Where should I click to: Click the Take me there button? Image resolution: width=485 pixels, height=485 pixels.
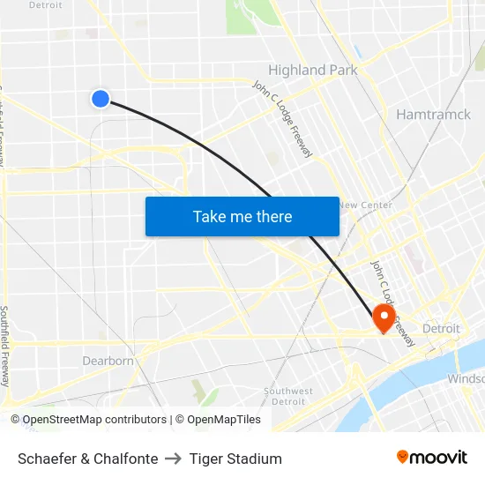[x=242, y=216]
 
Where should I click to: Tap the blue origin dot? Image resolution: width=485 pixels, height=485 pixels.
[x=101, y=99]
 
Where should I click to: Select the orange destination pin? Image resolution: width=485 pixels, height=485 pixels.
[x=384, y=317]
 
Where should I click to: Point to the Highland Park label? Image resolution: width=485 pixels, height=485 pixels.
[x=312, y=70]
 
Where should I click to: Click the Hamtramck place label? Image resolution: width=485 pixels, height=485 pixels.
[x=433, y=114]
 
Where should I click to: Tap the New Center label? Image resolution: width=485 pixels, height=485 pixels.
[x=364, y=205]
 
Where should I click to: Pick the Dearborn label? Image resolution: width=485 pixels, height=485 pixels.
[x=108, y=361]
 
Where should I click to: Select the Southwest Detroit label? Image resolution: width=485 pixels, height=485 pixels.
[x=288, y=396]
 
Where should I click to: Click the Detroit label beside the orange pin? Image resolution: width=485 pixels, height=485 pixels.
[x=441, y=328]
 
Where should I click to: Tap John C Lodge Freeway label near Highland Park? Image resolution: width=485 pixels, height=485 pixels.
[x=282, y=119]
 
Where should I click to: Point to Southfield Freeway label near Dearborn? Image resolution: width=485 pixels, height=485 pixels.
[x=6, y=346]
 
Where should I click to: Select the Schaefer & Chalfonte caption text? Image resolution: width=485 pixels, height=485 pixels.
[x=88, y=459]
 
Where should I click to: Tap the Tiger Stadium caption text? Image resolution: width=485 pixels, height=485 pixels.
[x=235, y=459]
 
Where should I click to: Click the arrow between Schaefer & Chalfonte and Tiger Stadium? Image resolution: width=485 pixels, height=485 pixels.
[x=174, y=459]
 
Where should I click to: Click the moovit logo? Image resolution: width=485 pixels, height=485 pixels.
[x=431, y=457]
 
